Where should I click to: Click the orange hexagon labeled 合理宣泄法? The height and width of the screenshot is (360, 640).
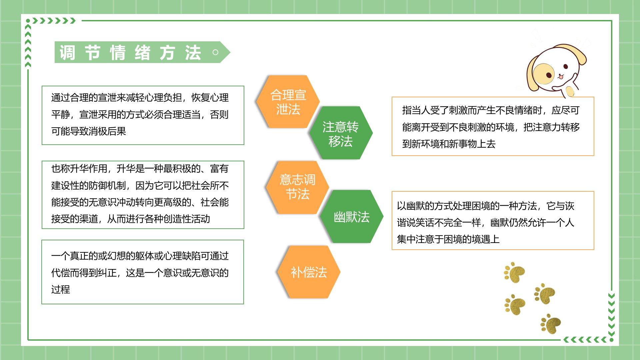coord(288,102)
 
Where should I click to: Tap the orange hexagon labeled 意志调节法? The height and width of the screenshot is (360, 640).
coord(297,187)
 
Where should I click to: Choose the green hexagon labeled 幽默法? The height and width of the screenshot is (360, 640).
coord(351,217)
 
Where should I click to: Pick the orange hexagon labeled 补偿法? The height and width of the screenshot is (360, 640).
coord(309,272)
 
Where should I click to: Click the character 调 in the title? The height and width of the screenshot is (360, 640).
coord(68,52)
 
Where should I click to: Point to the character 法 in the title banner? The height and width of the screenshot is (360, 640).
coord(193,52)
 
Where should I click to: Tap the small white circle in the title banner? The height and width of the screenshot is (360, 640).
coord(215,52)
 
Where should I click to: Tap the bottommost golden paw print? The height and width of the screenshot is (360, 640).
coord(551,323)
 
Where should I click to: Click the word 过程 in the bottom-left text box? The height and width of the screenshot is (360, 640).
coord(61,289)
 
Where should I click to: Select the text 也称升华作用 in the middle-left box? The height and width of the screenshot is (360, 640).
coord(79,169)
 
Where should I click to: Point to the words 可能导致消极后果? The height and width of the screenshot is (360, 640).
coord(89,131)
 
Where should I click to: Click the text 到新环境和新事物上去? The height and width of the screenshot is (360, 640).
coord(449,144)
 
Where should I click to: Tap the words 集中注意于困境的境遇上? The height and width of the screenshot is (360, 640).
coord(448,239)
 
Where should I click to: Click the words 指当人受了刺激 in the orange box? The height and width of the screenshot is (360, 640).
coord(435,110)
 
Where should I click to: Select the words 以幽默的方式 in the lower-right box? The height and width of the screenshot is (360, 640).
coord(425,206)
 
